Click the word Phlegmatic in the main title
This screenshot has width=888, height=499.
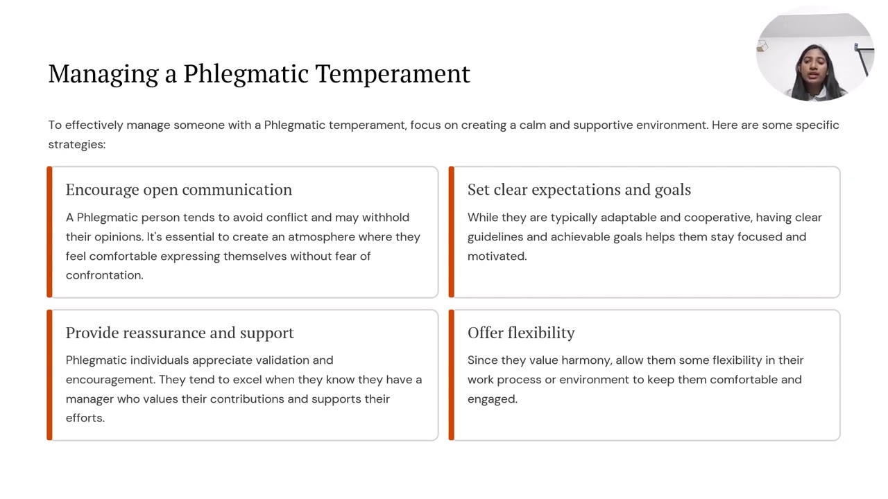pos(246,74)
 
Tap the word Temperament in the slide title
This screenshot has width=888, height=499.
pos(393,74)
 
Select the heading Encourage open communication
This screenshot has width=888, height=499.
pos(179,190)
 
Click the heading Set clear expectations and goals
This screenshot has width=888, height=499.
pos(579,190)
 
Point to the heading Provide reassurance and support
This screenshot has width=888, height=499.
pos(180,333)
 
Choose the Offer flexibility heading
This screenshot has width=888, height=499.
pos(521,333)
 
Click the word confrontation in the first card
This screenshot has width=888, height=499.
pos(104,275)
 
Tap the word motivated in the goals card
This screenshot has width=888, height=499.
pos(497,256)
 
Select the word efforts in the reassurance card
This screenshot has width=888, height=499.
pos(85,418)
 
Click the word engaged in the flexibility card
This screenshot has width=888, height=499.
pos(492,399)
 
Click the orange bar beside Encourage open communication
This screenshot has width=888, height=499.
pos(49,232)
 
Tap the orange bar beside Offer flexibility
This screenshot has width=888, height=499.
pos(452,375)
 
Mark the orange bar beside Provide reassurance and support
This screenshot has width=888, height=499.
pos(49,375)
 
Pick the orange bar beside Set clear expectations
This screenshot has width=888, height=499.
pos(452,232)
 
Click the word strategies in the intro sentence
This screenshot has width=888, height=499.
pos(76,144)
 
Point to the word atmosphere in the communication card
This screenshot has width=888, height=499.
pos(321,237)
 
